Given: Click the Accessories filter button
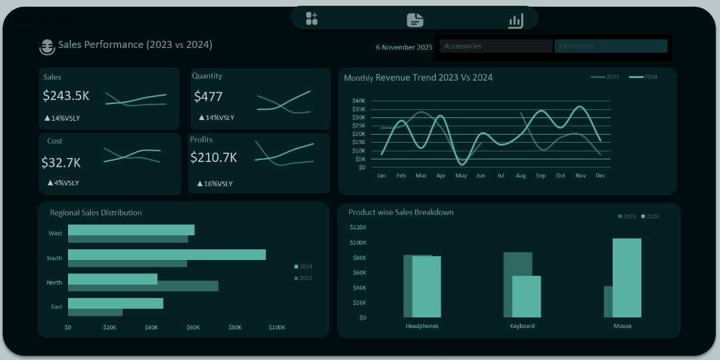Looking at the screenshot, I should pyautogui.click(x=495, y=46).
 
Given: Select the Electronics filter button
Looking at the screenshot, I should pyautogui.click(x=610, y=46).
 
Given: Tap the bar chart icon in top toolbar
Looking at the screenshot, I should pyautogui.click(x=515, y=21).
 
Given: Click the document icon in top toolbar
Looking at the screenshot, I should pyautogui.click(x=415, y=20).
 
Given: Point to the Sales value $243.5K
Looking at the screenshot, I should pyautogui.click(x=66, y=95).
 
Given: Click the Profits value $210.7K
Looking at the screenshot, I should pyautogui.click(x=213, y=157).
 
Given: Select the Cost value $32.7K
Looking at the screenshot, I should pyautogui.click(x=61, y=163).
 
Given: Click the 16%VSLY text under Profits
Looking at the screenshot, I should pyautogui.click(x=215, y=183).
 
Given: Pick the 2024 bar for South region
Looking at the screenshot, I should pyautogui.click(x=167, y=255).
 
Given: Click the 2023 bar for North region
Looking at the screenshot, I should pyautogui.click(x=143, y=286).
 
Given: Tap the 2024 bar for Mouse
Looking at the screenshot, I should pyautogui.click(x=627, y=277).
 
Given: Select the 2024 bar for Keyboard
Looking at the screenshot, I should pyautogui.click(x=526, y=296).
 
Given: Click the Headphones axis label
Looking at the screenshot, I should pyautogui.click(x=422, y=326).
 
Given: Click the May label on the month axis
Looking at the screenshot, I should pyautogui.click(x=461, y=176).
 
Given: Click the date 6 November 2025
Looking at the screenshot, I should pyautogui.click(x=404, y=47).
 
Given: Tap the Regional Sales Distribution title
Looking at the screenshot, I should pyautogui.click(x=96, y=213).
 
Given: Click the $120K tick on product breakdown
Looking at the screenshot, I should pyautogui.click(x=358, y=227).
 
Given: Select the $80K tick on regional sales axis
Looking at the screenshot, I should pyautogui.click(x=235, y=327).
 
